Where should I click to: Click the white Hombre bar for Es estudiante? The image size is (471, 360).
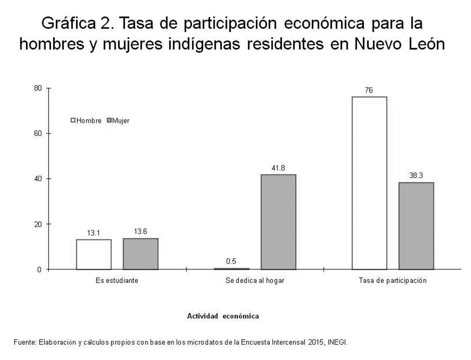94,254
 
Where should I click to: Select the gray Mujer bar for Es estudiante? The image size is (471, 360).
140,254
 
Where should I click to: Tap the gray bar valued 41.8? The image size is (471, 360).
278,222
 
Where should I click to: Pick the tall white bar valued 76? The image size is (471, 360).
369,183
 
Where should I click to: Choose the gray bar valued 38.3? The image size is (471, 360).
416,226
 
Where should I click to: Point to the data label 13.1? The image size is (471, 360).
94,233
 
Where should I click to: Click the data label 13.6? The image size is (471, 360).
140,232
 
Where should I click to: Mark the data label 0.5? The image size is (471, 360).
231,261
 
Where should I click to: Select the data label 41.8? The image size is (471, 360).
278,168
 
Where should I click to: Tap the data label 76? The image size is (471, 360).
369,90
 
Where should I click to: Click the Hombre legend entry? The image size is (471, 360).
86,120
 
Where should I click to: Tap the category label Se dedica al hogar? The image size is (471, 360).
255,281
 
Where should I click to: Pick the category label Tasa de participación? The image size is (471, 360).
392,281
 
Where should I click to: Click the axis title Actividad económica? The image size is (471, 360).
223,316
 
